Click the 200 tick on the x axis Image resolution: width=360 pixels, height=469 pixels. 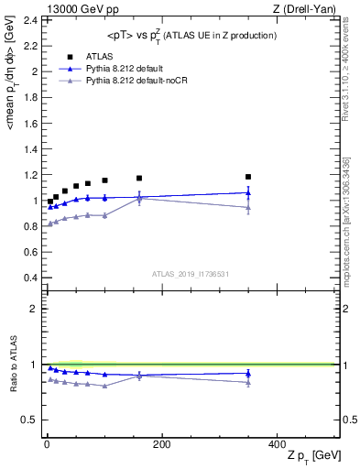pos(161,443)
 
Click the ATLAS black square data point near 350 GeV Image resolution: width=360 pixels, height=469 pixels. pos(248,177)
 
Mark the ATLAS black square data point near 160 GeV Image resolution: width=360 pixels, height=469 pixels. pos(139,178)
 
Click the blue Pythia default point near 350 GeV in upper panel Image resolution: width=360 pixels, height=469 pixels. pos(248,192)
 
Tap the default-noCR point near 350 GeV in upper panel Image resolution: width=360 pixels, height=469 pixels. pos(248,207)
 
